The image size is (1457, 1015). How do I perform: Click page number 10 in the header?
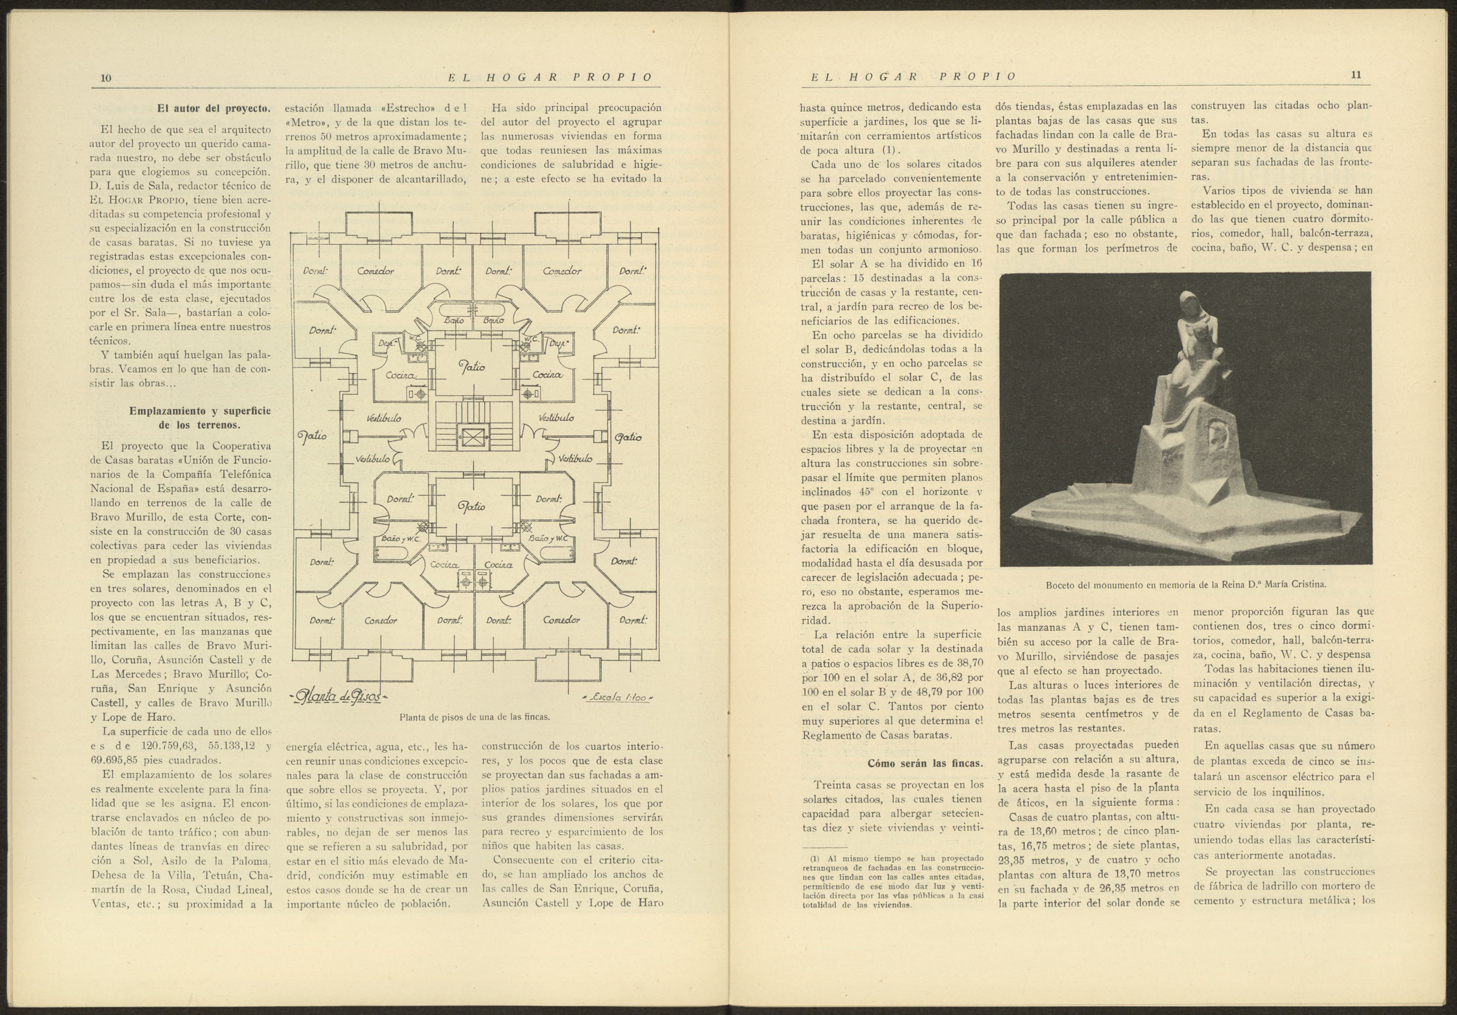tap(106, 78)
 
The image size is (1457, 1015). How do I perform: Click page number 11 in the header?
tap(1355, 75)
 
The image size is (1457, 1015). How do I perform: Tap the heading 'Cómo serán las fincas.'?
tap(924, 763)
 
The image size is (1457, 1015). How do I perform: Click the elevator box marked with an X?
tap(473, 437)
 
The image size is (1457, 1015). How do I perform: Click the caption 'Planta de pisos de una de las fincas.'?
tap(474, 717)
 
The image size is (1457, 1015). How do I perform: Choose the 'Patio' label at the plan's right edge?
tap(628, 437)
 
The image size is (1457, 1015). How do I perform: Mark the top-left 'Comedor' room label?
tap(375, 271)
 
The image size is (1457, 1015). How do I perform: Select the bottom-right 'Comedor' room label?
tap(561, 619)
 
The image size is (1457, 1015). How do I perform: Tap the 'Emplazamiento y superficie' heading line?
tap(199, 410)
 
